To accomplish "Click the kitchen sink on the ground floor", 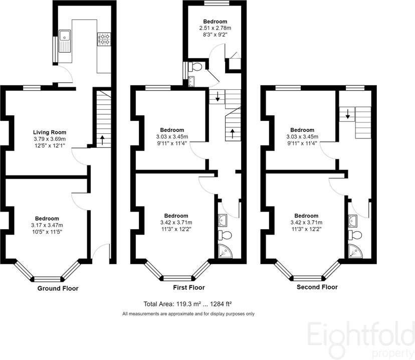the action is (65, 41).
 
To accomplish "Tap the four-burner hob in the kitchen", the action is (104, 39).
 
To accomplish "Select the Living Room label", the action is (50, 132).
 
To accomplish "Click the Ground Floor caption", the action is (58, 288).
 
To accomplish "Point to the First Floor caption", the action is (189, 287).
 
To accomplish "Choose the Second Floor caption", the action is (317, 287).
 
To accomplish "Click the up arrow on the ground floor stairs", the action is (102, 140).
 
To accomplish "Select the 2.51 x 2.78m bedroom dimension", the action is (215, 28).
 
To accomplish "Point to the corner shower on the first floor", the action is (225, 251).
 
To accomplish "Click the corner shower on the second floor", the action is (355, 251).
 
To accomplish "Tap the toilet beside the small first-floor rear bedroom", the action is (196, 67).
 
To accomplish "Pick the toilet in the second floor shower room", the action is (355, 235).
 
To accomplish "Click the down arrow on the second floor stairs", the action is (347, 114).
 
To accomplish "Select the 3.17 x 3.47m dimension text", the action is (47, 225).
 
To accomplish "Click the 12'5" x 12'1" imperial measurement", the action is (50, 145).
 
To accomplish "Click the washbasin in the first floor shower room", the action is (223, 221).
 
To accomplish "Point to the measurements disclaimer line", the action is (188, 314).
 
